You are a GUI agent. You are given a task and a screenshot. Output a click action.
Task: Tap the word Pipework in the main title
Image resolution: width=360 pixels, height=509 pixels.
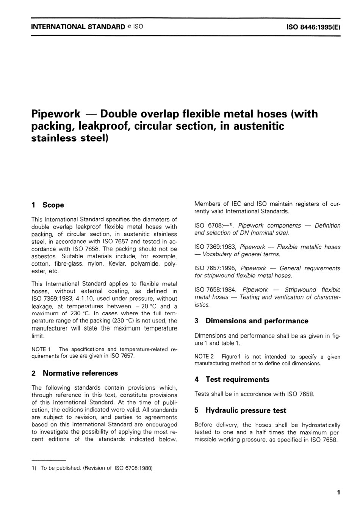(x=55, y=114)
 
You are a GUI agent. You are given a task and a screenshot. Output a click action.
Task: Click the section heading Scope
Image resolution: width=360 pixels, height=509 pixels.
(x=53, y=205)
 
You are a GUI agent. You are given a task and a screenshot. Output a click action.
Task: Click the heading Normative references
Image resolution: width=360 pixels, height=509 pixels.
(x=80, y=373)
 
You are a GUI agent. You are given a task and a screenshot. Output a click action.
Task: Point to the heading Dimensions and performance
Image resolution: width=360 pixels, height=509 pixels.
(x=257, y=321)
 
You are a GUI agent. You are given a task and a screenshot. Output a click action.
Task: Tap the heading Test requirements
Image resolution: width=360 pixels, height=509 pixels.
(x=237, y=380)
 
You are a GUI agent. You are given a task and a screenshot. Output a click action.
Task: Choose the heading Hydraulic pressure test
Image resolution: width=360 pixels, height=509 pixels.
(x=246, y=410)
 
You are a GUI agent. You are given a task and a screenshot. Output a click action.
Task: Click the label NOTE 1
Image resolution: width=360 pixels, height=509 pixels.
(x=39, y=349)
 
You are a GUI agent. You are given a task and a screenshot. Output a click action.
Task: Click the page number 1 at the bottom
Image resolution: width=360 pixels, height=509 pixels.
(x=338, y=493)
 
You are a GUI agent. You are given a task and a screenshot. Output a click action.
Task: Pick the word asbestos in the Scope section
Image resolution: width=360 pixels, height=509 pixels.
(x=44, y=257)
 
